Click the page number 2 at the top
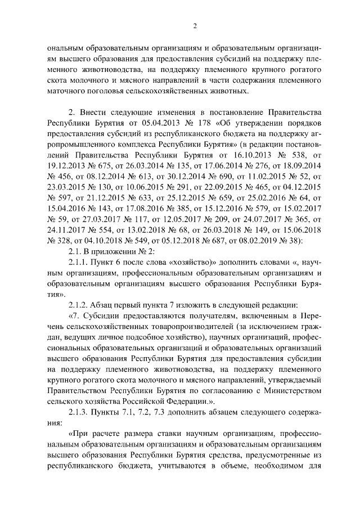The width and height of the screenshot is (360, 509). point(195,25)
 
